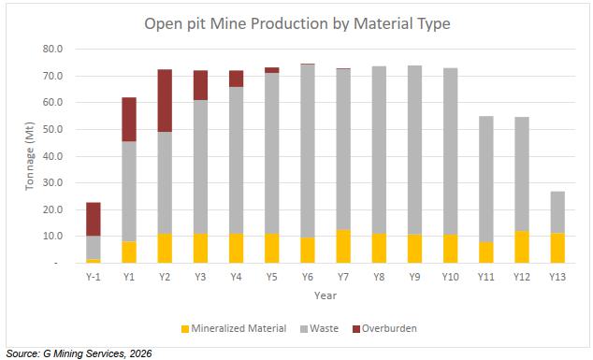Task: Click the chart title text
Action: pyautogui.click(x=297, y=23)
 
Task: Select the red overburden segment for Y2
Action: pyautogui.click(x=165, y=101)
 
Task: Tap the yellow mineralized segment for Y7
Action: pyautogui.click(x=343, y=246)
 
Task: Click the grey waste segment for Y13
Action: pyautogui.click(x=557, y=212)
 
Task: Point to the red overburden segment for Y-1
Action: pyautogui.click(x=94, y=220)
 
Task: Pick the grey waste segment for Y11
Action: pyautogui.click(x=486, y=179)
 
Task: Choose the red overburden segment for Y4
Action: pyautogui.click(x=236, y=79)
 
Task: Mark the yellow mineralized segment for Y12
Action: pyautogui.click(x=522, y=247)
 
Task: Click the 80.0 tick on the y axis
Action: pyautogui.click(x=52, y=50)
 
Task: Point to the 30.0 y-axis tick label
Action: pyautogui.click(x=52, y=182)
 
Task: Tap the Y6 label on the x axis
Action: pyautogui.click(x=308, y=277)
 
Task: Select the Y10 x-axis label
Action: pyautogui.click(x=451, y=277)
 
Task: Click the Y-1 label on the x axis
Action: pyautogui.click(x=94, y=277)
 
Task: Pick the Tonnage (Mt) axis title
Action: pyautogui.click(x=30, y=156)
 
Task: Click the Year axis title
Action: pyautogui.click(x=325, y=295)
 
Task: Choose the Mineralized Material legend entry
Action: pyautogui.click(x=234, y=328)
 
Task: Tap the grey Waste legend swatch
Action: pyautogui.click(x=304, y=329)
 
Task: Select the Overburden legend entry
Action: pyautogui.click(x=384, y=328)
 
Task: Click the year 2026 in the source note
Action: pyautogui.click(x=140, y=353)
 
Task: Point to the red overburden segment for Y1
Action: pyautogui.click(x=129, y=120)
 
